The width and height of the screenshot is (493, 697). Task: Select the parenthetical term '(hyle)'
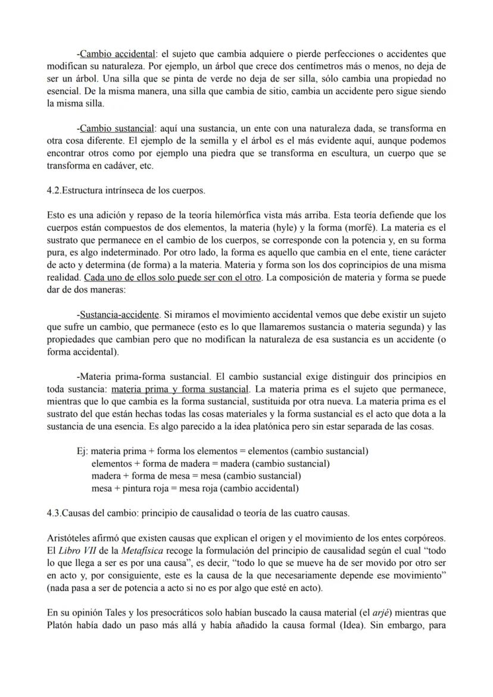pyautogui.click(x=303, y=227)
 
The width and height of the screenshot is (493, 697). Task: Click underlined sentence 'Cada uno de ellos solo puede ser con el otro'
pyautogui.click(x=173, y=277)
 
